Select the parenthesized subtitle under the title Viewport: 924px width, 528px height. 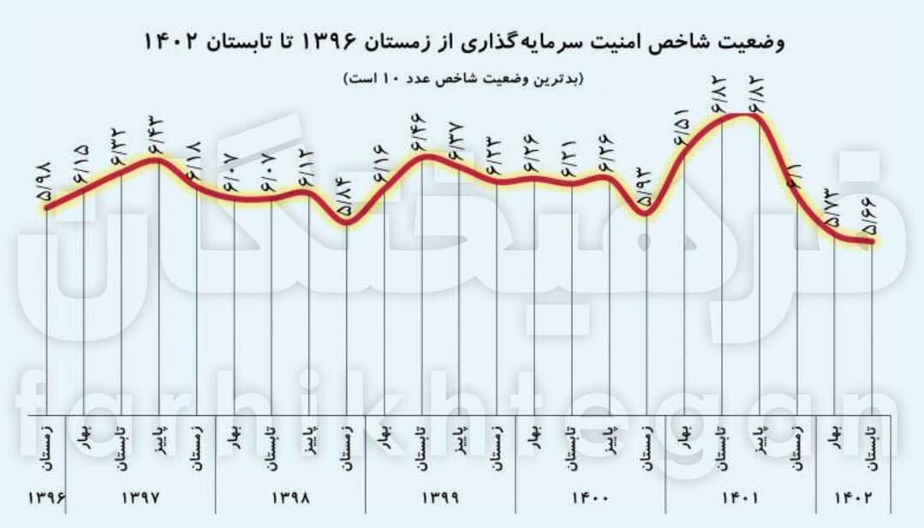463,79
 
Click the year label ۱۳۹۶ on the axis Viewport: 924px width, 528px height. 48,497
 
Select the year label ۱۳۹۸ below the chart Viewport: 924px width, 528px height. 291,497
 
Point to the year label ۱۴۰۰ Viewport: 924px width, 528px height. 591,497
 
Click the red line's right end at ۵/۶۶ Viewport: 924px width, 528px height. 872,241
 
